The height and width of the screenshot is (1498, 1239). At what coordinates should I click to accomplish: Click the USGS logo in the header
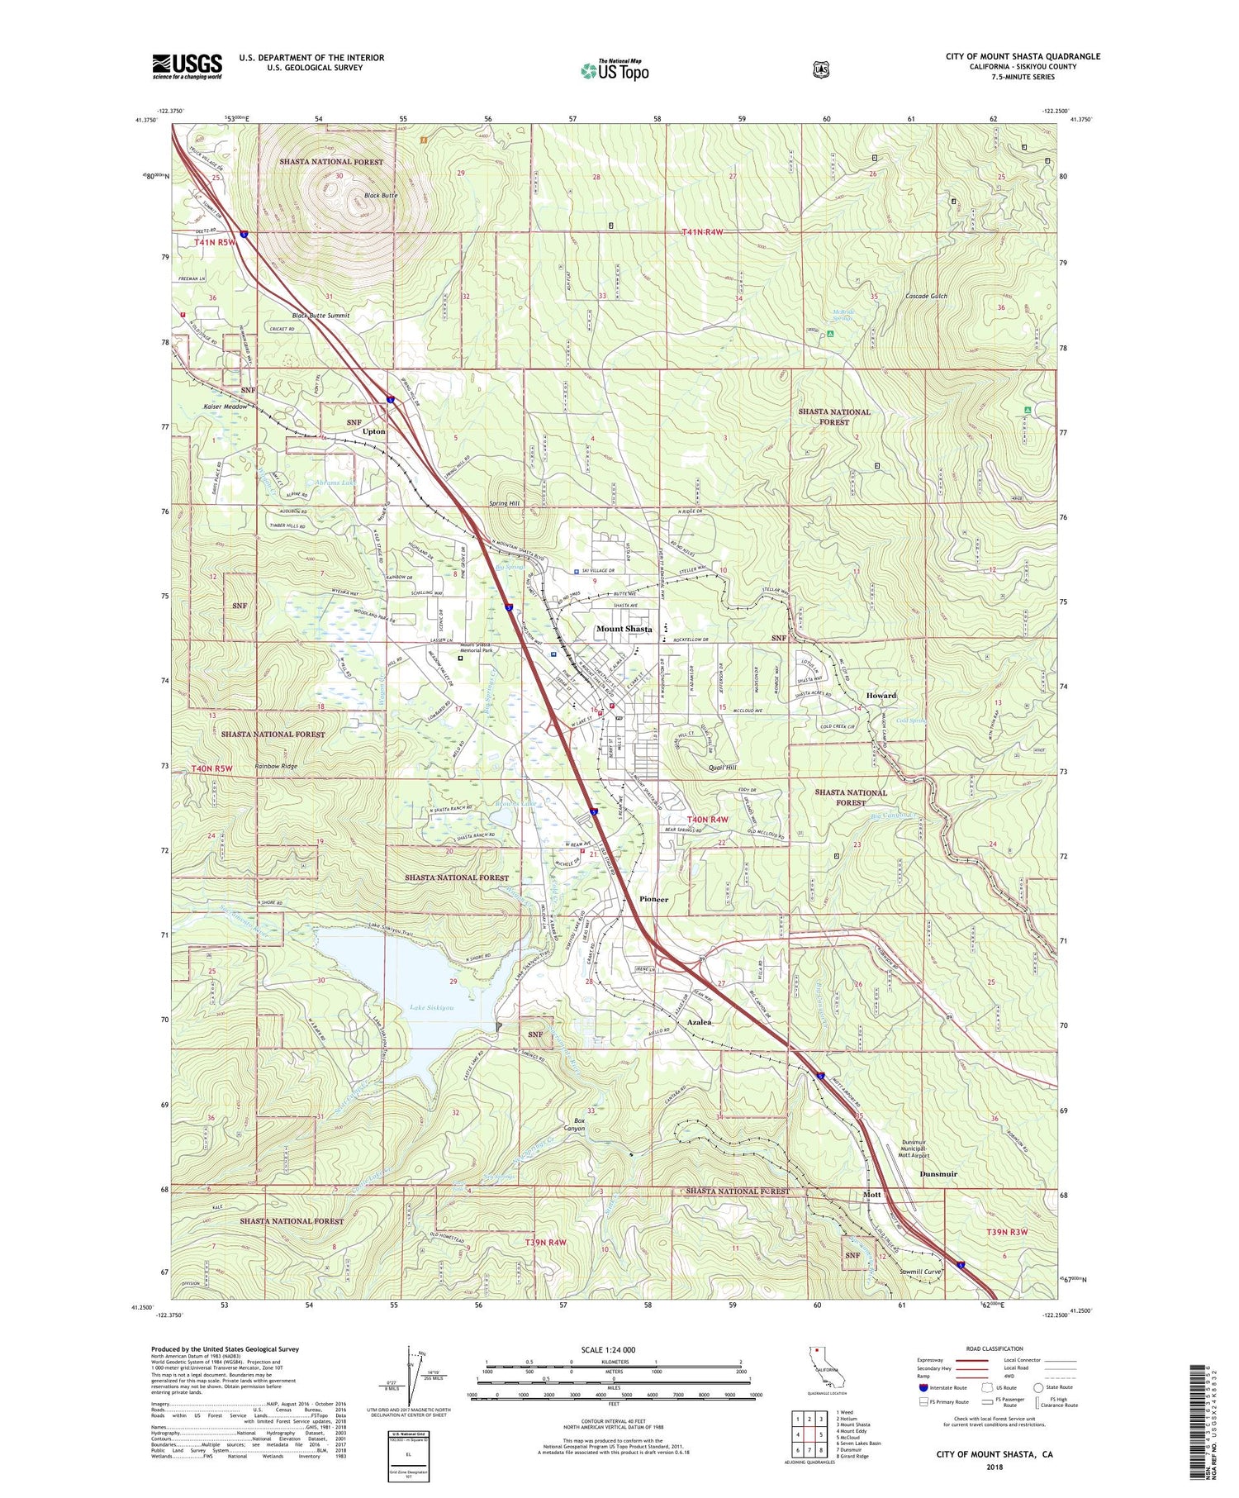click(x=187, y=66)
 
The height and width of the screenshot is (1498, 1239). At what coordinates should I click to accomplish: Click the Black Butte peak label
click(x=381, y=196)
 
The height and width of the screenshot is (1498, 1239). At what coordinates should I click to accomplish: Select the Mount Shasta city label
click(x=624, y=629)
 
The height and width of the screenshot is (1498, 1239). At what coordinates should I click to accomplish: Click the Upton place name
click(x=374, y=431)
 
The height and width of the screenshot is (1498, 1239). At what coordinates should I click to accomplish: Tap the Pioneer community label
click(x=654, y=899)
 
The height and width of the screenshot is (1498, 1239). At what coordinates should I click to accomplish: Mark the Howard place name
click(x=881, y=696)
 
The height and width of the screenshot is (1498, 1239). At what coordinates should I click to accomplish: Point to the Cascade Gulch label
click(x=926, y=296)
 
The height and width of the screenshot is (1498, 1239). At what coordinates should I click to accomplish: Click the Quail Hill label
click(x=723, y=768)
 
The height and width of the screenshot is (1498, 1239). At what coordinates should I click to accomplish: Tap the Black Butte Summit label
click(x=320, y=316)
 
